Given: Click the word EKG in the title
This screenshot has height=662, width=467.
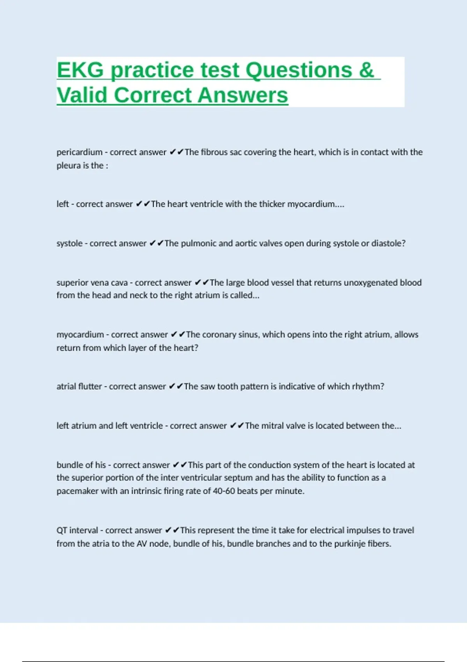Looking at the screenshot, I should [80, 70].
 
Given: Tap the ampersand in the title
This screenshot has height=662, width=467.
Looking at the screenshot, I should [366, 70].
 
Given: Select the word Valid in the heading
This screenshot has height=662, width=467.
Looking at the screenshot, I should [82, 95].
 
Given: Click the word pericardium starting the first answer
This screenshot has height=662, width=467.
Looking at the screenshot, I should [79, 152].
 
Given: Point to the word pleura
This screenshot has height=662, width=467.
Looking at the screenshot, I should [68, 165].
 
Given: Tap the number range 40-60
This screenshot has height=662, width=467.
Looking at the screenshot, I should [224, 491].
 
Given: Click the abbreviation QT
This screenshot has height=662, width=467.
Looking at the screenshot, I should [62, 530].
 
